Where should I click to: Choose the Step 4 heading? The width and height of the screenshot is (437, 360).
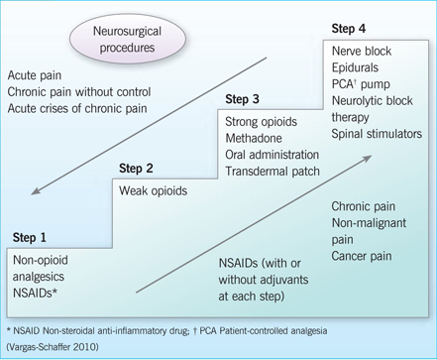click(353, 30)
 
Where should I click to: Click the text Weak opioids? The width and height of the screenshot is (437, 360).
click(155, 189)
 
